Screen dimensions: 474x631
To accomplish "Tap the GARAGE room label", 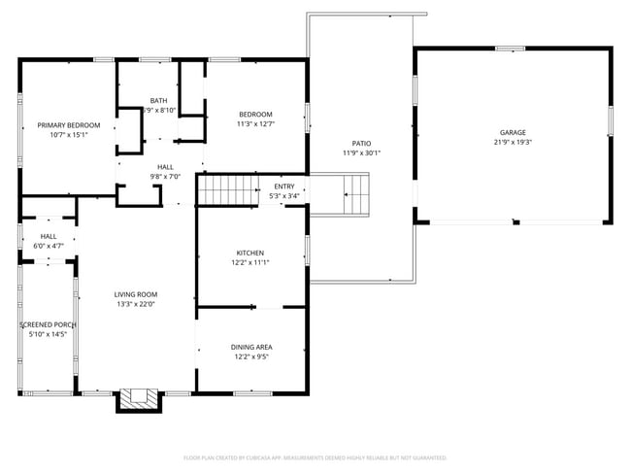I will click(x=513, y=132).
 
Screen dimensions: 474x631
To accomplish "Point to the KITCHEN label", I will click(x=249, y=253).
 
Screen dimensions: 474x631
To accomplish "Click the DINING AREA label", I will click(x=250, y=347).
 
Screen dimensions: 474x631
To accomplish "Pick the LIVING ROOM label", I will click(x=136, y=294).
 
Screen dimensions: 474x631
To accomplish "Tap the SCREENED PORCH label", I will click(x=48, y=324).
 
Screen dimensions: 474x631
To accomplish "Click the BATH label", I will click(x=158, y=101).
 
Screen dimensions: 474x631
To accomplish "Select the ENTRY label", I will click(x=284, y=186).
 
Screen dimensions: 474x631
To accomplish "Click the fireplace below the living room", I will click(x=138, y=398).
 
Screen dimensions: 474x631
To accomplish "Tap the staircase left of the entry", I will click(x=225, y=190).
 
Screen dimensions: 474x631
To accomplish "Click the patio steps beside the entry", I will click(x=355, y=192).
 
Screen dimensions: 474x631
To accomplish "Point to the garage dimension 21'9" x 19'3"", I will click(x=513, y=143).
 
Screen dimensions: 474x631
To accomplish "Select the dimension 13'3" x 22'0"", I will click(x=136, y=304).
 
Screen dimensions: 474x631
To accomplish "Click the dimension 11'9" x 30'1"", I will click(x=361, y=152).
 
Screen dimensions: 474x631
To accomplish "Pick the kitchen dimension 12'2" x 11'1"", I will click(x=249, y=262).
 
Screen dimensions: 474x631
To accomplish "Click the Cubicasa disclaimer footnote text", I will click(x=315, y=457).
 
